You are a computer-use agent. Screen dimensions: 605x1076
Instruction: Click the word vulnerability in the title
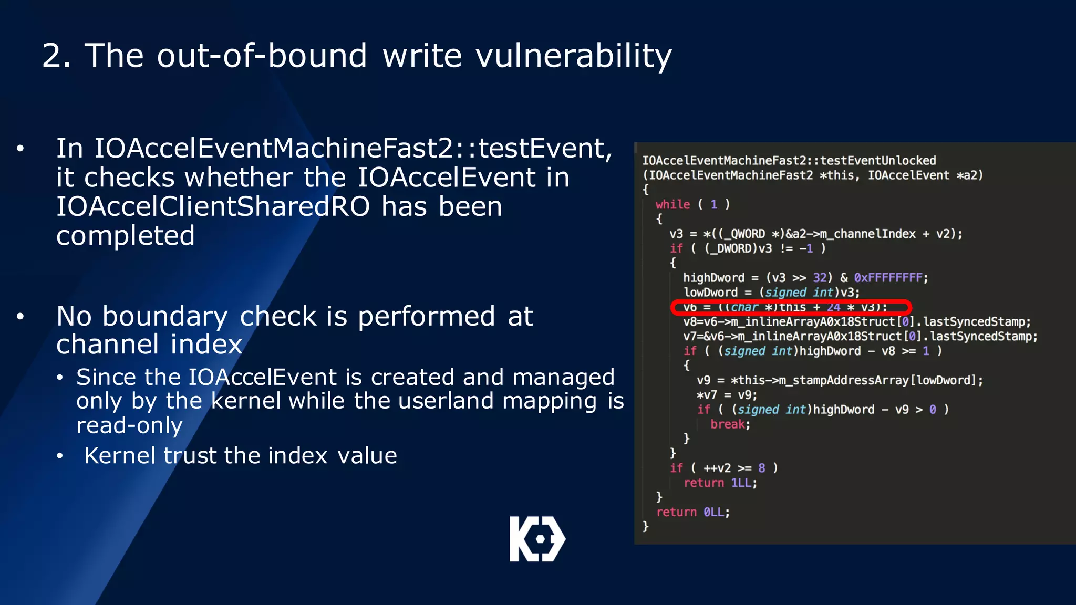coord(573,56)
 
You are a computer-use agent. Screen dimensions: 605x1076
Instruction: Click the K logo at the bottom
coord(537,539)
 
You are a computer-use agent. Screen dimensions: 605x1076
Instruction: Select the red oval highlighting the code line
coord(791,307)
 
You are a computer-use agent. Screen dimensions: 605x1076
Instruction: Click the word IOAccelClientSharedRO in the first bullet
coord(213,206)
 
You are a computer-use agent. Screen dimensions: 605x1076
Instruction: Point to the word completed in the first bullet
coord(125,236)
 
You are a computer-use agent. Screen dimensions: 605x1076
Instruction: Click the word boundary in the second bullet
coord(165,317)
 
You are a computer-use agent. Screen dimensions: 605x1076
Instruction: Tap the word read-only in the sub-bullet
coord(129,425)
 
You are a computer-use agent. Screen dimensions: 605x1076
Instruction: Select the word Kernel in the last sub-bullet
coord(120,455)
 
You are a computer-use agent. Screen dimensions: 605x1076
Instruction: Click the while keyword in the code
coord(672,204)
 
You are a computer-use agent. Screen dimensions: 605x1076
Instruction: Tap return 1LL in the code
coord(720,483)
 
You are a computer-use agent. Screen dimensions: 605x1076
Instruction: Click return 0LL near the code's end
coord(692,512)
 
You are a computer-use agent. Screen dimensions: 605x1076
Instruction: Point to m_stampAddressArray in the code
coord(843,380)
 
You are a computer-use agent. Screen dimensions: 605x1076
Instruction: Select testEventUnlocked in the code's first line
coord(877,161)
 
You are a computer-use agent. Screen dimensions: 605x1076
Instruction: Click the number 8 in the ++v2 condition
coord(761,468)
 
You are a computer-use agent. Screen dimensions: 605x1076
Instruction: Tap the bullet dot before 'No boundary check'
coord(20,317)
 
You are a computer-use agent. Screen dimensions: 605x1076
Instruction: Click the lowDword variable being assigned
coord(710,293)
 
